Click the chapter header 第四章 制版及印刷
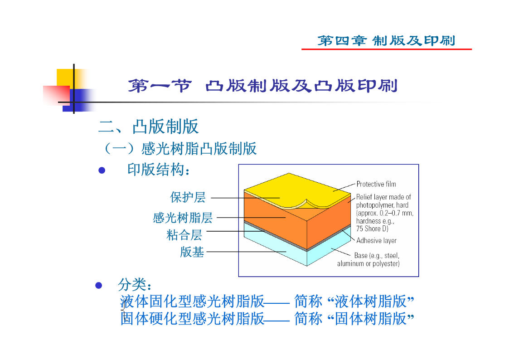click(x=386, y=40)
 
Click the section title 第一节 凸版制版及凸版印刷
click(x=262, y=86)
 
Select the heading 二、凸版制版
click(x=148, y=126)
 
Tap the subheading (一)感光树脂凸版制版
click(x=180, y=149)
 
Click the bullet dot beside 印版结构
click(x=102, y=170)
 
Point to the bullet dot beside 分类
click(x=99, y=285)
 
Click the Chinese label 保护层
click(x=188, y=197)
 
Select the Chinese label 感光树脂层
click(x=183, y=218)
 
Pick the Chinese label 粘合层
click(x=184, y=235)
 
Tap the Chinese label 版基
click(x=192, y=252)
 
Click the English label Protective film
click(x=376, y=184)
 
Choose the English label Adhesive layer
click(x=376, y=241)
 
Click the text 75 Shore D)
click(x=372, y=229)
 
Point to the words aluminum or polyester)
click(x=368, y=263)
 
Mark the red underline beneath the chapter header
click(x=387, y=49)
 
